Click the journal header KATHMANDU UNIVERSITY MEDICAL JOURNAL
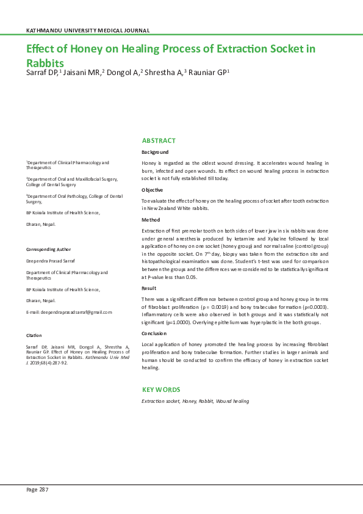click(x=88, y=30)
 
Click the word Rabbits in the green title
click(x=45, y=62)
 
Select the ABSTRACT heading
click(x=159, y=140)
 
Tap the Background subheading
click(x=155, y=152)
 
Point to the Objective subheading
click(x=153, y=190)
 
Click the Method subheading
click(x=151, y=219)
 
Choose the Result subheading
click(x=149, y=288)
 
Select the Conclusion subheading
click(x=154, y=334)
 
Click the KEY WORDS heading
click(x=161, y=389)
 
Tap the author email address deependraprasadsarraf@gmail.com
click(x=69, y=312)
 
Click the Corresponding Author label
click(x=48, y=249)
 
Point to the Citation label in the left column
click(x=34, y=336)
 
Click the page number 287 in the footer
click(x=43, y=490)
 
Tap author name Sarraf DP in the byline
click(x=41, y=73)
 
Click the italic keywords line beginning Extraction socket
click(x=195, y=401)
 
